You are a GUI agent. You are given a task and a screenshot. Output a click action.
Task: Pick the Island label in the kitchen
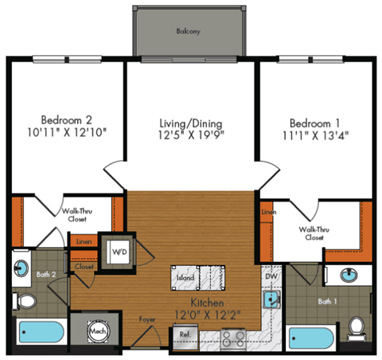185,279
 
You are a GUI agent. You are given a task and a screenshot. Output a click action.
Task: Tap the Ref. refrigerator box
185,335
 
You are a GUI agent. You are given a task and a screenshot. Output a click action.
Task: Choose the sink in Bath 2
21,266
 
